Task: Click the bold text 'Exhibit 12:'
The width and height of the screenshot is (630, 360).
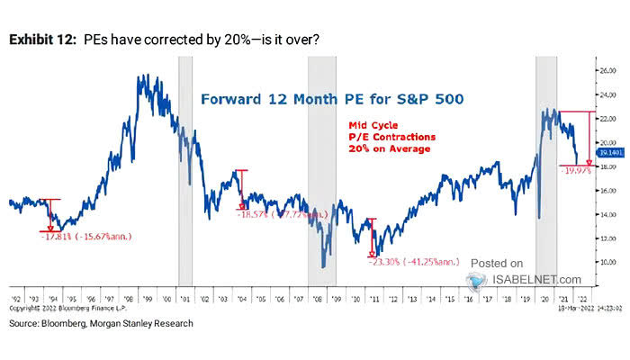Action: (x=42, y=39)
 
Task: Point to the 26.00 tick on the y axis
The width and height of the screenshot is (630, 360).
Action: (x=607, y=68)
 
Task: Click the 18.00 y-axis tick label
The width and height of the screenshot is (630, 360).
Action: (x=607, y=166)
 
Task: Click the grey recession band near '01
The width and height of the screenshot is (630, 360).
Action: (x=185, y=171)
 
